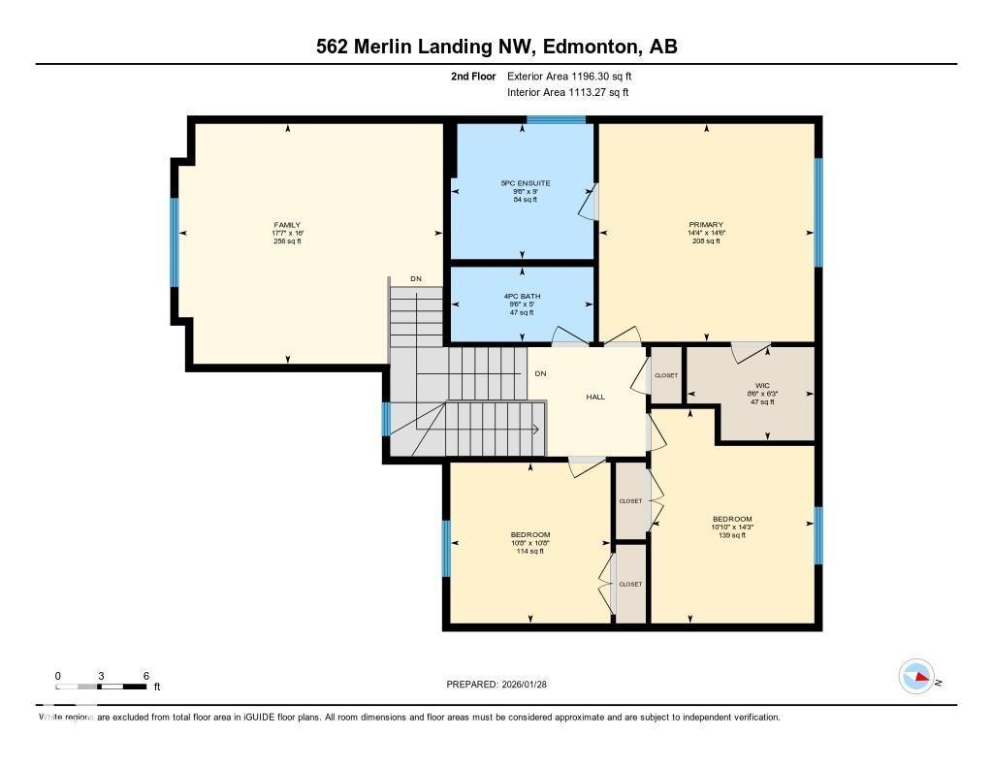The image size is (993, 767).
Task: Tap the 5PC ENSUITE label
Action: [525, 183]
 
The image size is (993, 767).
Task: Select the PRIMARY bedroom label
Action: [705, 225]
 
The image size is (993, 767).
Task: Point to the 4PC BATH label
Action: [522, 296]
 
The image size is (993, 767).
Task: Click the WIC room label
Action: [761, 385]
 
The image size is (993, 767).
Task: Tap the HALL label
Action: [595, 397]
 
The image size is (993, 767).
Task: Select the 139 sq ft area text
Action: [732, 535]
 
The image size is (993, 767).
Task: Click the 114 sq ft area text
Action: [530, 551]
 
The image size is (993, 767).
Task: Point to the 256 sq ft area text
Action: [286, 241]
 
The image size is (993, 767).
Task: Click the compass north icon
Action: [916, 677]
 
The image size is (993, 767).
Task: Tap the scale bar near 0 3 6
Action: [101, 687]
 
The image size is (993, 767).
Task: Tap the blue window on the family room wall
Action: [176, 242]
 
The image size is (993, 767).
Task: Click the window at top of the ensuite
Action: [556, 120]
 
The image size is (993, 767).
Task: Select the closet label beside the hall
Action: [666, 375]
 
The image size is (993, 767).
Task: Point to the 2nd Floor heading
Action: [473, 76]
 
